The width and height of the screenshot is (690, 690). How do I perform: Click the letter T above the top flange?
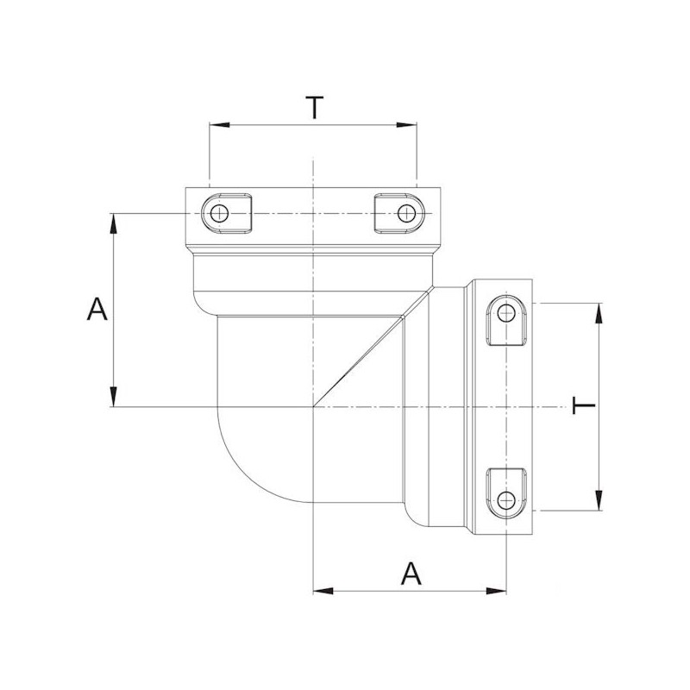[x=315, y=108]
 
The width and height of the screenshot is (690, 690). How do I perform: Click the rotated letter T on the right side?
[x=583, y=405]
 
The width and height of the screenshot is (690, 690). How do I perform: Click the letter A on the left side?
[x=97, y=309]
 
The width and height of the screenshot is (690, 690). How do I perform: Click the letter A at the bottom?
[x=413, y=573]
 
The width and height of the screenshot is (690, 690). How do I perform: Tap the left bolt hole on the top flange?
[x=221, y=213]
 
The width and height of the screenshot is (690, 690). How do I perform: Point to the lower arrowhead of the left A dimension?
[x=114, y=398]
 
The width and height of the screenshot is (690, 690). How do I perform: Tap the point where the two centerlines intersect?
[x=314, y=406]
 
